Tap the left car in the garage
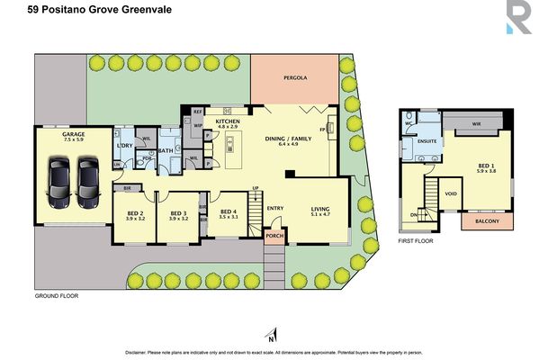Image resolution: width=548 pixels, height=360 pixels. coord(59,178)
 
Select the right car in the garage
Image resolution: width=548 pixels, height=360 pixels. coord(88,178)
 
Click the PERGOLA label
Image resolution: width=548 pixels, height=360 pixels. coord(295,78)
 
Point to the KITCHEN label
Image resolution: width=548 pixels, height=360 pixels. coord(227,121)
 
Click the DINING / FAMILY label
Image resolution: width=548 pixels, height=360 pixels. coord(288,137)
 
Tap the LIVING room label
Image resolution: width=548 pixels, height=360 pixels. coord(321,207)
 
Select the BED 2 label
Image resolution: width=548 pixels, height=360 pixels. coord(136,212)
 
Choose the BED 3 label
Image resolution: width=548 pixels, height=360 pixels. coord(178,212)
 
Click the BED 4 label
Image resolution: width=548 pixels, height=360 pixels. coord(229,212)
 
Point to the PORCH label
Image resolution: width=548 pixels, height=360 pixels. coord(274,238)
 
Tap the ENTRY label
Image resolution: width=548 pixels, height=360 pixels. coord(274,207)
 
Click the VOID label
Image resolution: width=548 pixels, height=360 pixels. coord(451,193)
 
